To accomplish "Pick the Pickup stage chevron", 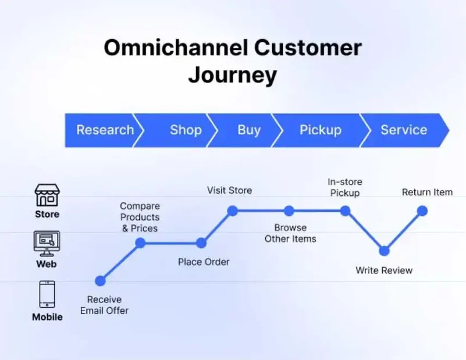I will tap(320, 130).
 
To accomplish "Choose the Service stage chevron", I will tap(403, 130).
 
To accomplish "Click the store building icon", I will tap(47, 195).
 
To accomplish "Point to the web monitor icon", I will tap(47, 244).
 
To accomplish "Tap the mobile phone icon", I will tap(47, 294).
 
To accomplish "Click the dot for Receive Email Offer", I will tap(100, 281).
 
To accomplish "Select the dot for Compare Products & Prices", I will tap(140, 243).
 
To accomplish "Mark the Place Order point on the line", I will tap(201, 243).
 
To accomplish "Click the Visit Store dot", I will tap(232, 211).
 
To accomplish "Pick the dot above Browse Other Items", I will tap(289, 211).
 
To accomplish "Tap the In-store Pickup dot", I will tap(345, 211).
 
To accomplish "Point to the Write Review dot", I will tap(384, 251).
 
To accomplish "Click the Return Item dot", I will tap(422, 211).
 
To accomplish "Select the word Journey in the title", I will tap(232, 75).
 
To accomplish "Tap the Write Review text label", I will tap(384, 270).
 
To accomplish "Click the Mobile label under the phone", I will tap(47, 317).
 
